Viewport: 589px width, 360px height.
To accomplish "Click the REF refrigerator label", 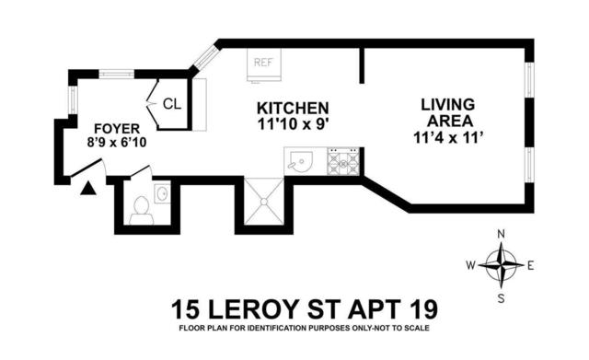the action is tap(263, 63).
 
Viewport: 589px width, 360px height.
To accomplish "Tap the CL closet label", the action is tap(172, 104).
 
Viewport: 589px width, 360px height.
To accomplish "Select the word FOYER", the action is tap(117, 129).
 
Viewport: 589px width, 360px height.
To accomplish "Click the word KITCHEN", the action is tap(293, 109).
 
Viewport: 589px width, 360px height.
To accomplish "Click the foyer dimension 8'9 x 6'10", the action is tap(117, 143).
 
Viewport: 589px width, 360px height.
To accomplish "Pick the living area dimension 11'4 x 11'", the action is tap(447, 138).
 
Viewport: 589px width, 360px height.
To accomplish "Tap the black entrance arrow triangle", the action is tap(88, 188).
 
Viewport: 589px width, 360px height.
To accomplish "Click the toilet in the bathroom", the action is tap(141, 211).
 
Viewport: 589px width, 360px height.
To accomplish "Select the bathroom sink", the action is tap(162, 194).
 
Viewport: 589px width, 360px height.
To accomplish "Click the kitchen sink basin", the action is tap(301, 162).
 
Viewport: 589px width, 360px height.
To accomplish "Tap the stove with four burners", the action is tap(343, 162).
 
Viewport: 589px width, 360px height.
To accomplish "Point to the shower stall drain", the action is tap(264, 202).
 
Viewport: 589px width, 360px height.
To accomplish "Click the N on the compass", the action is tap(501, 234).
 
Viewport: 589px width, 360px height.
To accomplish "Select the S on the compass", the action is tap(501, 298).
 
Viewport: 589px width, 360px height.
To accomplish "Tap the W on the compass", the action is tap(471, 266).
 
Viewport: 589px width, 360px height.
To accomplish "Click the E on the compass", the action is tap(530, 266).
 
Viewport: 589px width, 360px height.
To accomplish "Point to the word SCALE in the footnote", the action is tap(417, 328).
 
